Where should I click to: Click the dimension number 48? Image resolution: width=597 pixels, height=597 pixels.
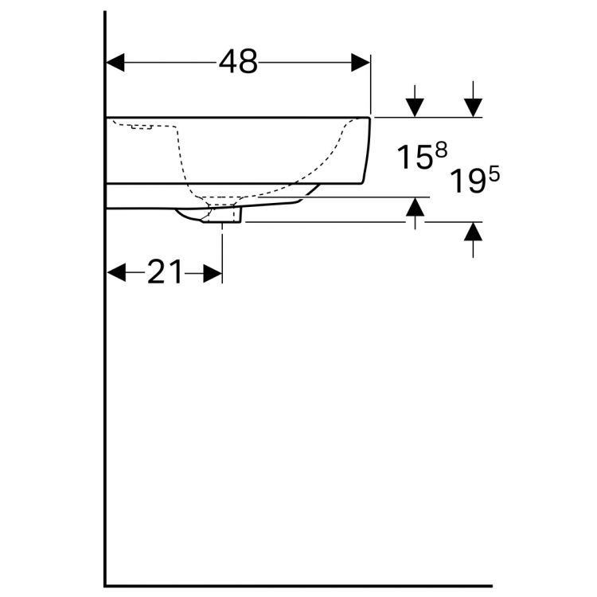point(238,62)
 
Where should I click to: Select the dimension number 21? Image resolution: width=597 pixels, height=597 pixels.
point(165,273)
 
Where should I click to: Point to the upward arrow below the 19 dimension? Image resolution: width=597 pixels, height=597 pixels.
point(474,232)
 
